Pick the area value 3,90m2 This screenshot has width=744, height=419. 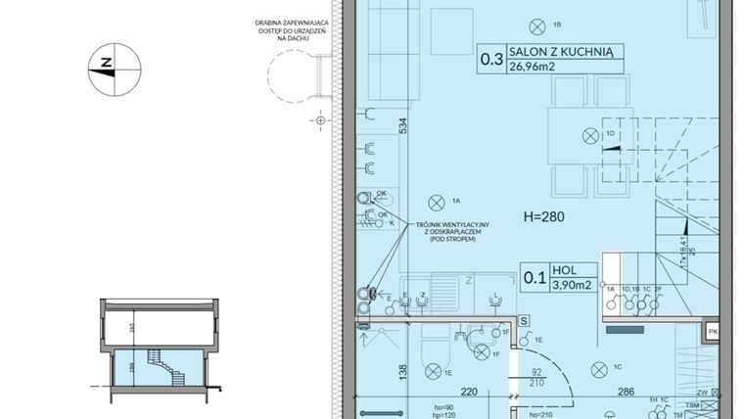pos(571,285)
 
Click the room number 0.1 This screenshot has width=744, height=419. pos(535,277)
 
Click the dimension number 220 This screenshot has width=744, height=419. pos(441,391)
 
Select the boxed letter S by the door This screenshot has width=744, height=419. pos(524,320)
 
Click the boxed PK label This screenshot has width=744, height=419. pos(714,333)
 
